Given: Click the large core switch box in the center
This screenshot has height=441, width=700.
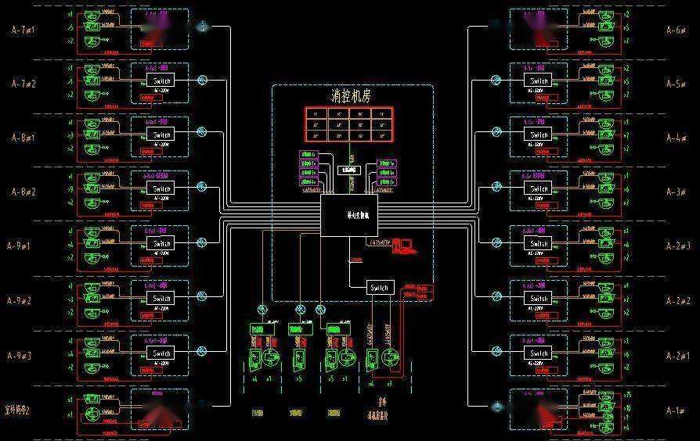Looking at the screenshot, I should tap(349, 215).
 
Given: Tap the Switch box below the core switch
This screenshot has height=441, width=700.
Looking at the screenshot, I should tap(381, 288).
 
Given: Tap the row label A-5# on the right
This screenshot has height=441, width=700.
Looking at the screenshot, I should tap(675, 83).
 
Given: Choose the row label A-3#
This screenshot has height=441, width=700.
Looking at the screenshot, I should tap(675, 192).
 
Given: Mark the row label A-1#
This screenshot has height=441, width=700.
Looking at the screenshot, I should tap(675, 410).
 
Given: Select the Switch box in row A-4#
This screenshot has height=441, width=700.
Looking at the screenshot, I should tap(539, 135).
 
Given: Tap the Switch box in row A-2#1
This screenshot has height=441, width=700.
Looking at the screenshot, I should tap(539, 353).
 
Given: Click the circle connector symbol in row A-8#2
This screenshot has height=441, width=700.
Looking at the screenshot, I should tap(202, 187).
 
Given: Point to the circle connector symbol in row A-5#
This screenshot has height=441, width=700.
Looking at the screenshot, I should tap(496, 79).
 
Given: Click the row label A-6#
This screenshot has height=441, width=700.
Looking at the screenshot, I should tap(675, 30).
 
